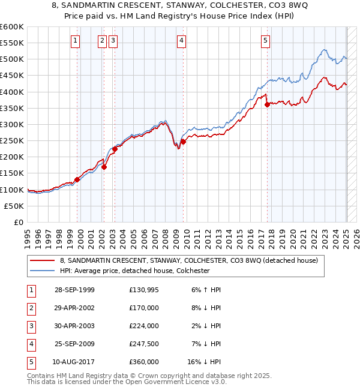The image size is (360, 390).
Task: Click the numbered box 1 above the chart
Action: coord(76,41)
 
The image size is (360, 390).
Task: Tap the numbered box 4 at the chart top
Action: coord(181,41)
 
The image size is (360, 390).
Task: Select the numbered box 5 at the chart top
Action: coord(265,41)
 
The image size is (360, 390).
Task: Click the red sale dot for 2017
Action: coord(267,104)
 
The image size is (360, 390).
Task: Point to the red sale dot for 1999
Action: coord(77,179)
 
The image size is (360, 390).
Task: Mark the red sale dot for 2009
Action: coord(183,142)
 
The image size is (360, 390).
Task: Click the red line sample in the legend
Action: coord(43,260)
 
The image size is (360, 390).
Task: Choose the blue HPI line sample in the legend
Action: coord(43,271)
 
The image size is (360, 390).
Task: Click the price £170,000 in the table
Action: coord(144,308)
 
